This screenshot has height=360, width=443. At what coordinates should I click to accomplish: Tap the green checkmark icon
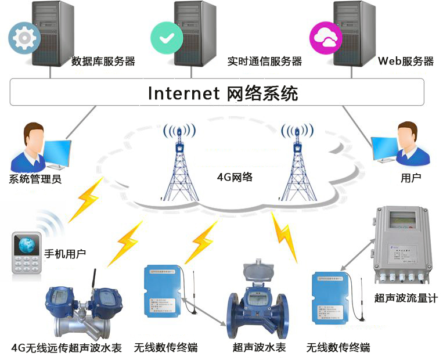pos(167,37)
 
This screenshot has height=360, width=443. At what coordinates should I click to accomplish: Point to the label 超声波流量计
pos(406,298)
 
